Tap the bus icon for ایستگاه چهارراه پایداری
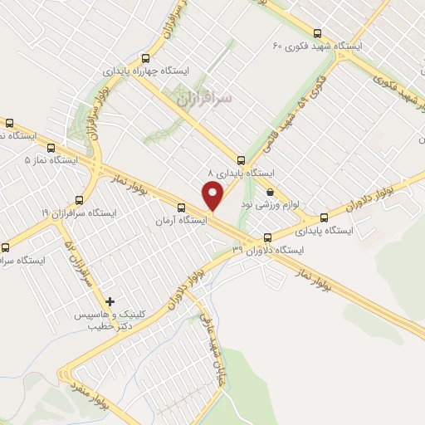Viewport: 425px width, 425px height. [x=146, y=58]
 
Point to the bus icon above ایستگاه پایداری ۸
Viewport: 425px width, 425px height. [x=241, y=160]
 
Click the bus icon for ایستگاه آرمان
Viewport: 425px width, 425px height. [x=180, y=208]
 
